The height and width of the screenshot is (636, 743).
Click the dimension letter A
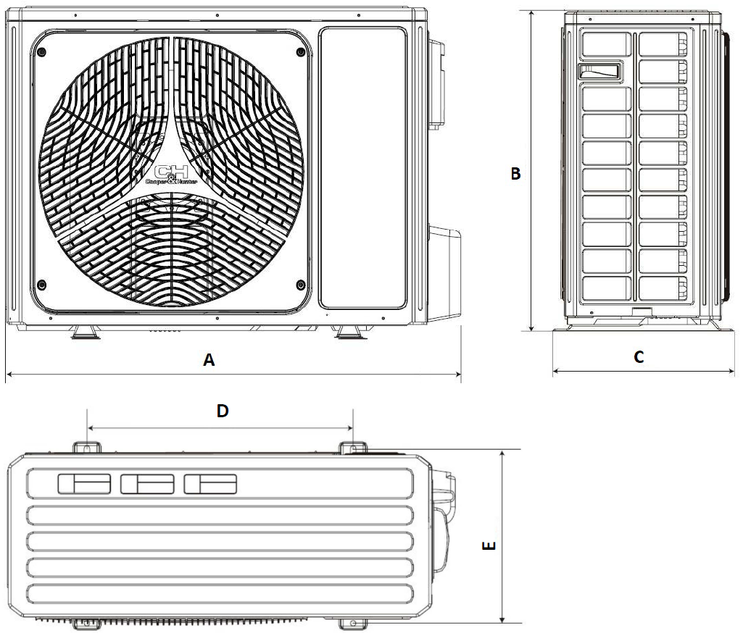pos(209,360)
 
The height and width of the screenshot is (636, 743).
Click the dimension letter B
pos(515,174)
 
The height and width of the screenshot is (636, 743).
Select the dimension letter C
pos(639,356)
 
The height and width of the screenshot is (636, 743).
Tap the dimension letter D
pos(223,411)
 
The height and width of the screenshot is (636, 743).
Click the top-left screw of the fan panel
pos(41,52)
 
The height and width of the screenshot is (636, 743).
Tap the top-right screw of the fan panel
pos(301,52)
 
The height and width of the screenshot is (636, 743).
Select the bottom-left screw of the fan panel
pos(41,282)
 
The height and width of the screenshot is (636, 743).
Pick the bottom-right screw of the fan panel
pos(301,282)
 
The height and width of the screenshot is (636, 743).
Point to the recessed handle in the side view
pos(599,72)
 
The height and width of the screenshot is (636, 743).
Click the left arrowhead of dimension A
pos(9,375)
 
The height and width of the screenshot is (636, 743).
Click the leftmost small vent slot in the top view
pos(84,484)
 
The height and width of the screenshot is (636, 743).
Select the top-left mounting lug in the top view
pos(86,447)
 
